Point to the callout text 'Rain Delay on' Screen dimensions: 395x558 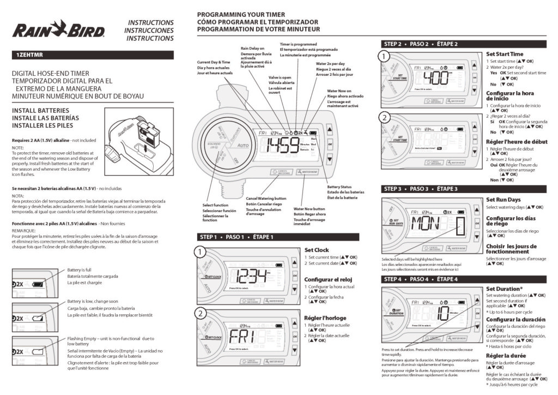[252, 49]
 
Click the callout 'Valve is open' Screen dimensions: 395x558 [280, 77]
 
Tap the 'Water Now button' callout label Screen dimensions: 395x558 [310, 209]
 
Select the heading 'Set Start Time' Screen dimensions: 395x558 [505, 54]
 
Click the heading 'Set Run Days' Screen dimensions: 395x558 [503, 200]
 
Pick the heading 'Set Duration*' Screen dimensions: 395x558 [505, 289]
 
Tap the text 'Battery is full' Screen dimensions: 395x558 [80, 270]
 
